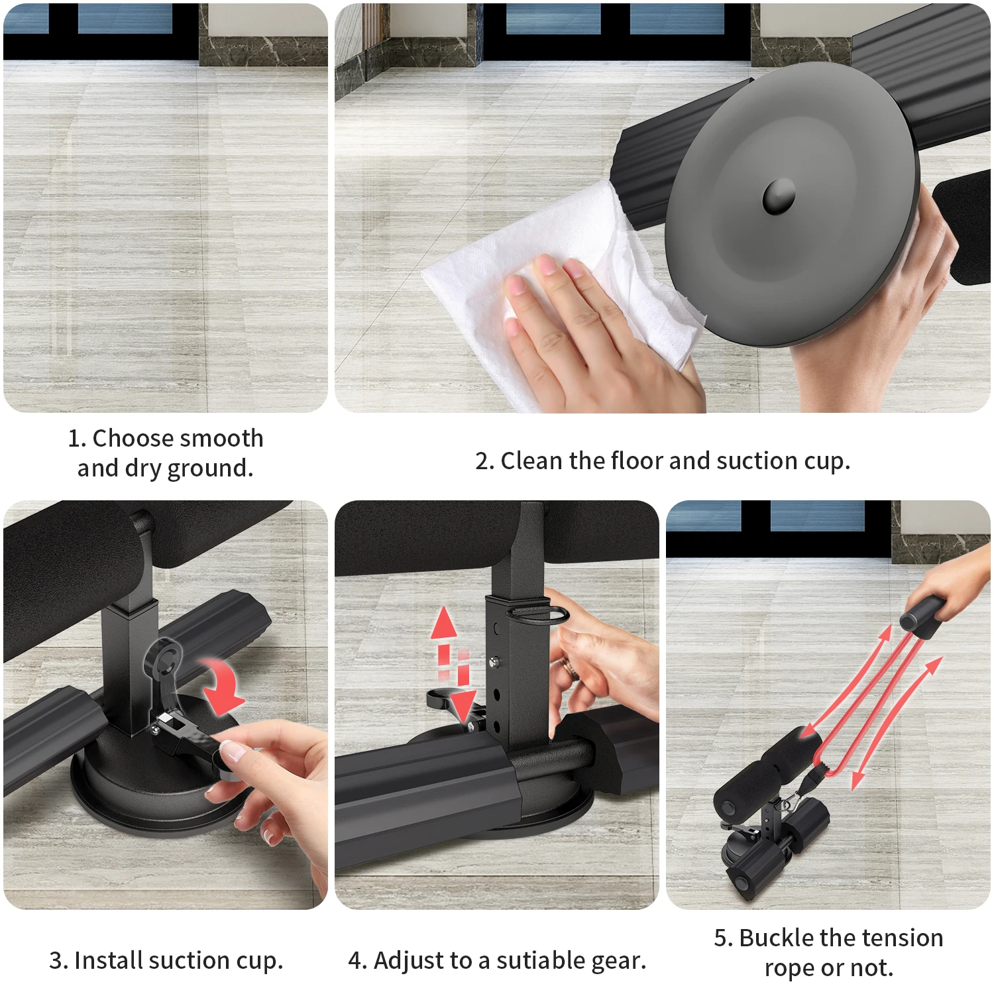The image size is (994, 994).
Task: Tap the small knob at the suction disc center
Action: tap(779, 195)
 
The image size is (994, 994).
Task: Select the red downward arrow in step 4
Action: tap(464, 696)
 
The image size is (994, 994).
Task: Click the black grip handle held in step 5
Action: tap(921, 616)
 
